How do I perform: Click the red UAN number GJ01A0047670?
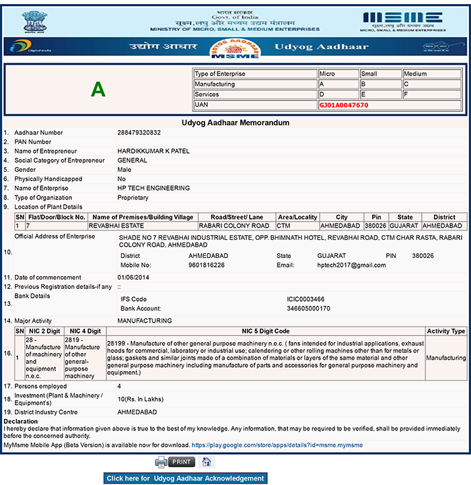coord(343,106)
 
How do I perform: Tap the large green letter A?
coord(98,90)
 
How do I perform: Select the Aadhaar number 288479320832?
coord(139,133)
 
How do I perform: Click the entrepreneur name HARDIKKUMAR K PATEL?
coord(153,151)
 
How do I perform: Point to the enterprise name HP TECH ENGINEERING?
coord(153,189)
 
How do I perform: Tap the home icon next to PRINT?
coord(207,462)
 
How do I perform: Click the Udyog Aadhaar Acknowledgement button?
coord(185,478)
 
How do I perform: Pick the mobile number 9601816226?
coord(207,265)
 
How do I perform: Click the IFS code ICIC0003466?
coord(305,298)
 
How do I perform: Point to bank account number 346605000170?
coord(309,308)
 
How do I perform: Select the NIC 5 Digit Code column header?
coord(264,331)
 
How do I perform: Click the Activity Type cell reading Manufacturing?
coord(446,358)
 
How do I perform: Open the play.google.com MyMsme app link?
coord(277,445)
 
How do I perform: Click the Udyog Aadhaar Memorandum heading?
coord(235,123)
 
